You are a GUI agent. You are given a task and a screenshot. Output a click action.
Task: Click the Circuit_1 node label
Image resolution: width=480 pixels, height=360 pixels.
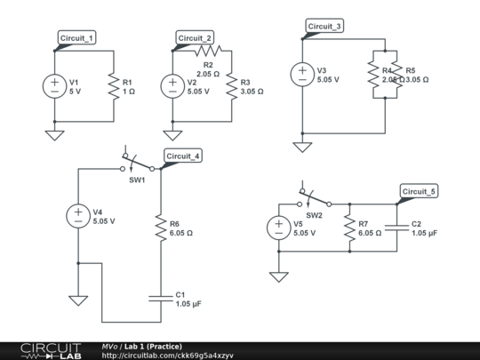pyautogui.click(x=77, y=37)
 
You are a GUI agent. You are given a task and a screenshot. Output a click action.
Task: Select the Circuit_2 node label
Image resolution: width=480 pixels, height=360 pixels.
pyautogui.click(x=196, y=37)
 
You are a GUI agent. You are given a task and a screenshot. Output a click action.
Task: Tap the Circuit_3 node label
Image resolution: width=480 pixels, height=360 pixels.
pyautogui.click(x=325, y=27)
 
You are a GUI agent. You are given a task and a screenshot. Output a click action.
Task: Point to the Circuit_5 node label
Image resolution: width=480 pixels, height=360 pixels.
pyautogui.click(x=420, y=191)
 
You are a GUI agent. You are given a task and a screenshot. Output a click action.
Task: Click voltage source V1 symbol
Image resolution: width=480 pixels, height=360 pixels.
pyautogui.click(x=54, y=86)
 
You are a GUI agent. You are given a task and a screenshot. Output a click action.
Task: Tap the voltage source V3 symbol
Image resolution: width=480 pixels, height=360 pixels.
pyautogui.click(x=302, y=75)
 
